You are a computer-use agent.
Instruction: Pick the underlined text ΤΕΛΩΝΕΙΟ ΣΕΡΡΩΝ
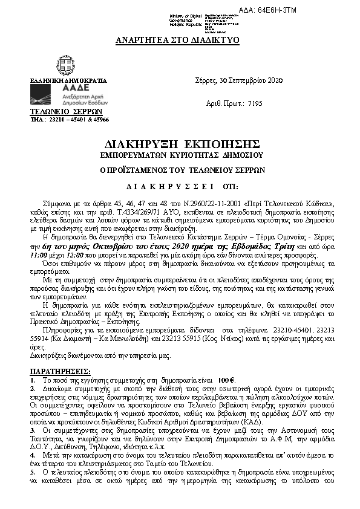coord(57,112)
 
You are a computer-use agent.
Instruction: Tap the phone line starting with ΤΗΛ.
coord(69,120)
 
